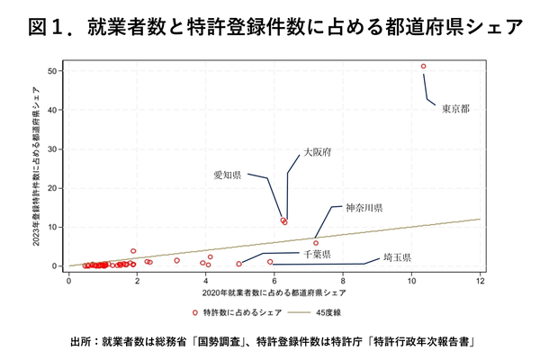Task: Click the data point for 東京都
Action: tap(423, 67)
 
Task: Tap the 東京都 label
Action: tap(454, 109)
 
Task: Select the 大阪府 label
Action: tap(317, 153)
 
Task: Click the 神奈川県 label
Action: tap(364, 208)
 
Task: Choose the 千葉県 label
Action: tap(316, 255)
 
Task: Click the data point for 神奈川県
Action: tap(316, 243)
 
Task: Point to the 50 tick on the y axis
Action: tap(56, 70)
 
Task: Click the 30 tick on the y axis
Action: tap(56, 148)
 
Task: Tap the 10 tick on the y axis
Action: tap(56, 227)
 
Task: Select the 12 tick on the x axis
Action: tap(481, 280)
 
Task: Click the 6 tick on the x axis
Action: tap(274, 280)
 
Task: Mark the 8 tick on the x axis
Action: tap(344, 280)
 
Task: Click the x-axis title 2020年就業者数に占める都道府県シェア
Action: tap(274, 292)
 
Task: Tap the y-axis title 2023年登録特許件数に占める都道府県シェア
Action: tap(36, 166)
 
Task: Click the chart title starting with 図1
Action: tap(270, 27)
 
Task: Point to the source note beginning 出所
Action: tap(270, 342)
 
